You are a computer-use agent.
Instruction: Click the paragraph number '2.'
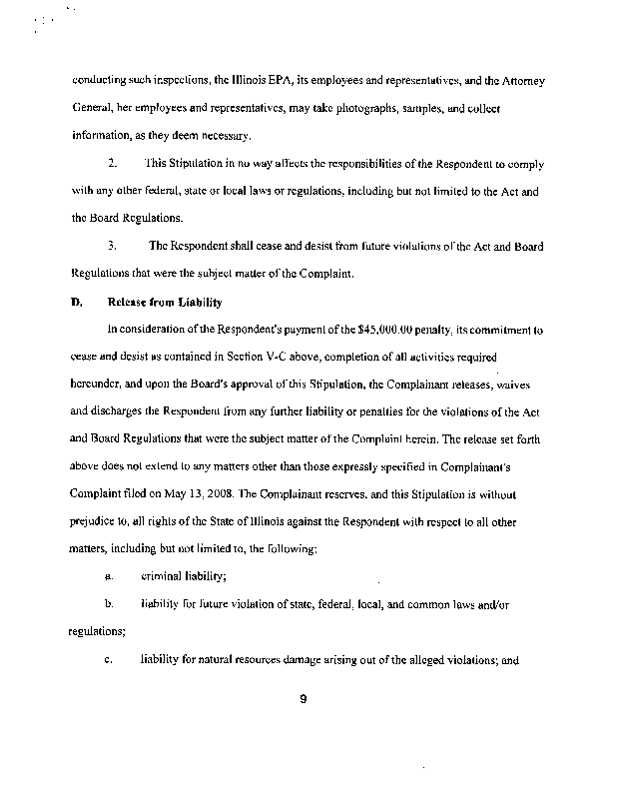tap(114, 162)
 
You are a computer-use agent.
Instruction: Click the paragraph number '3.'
tap(114, 245)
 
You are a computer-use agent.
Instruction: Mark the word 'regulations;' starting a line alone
tap(97, 631)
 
